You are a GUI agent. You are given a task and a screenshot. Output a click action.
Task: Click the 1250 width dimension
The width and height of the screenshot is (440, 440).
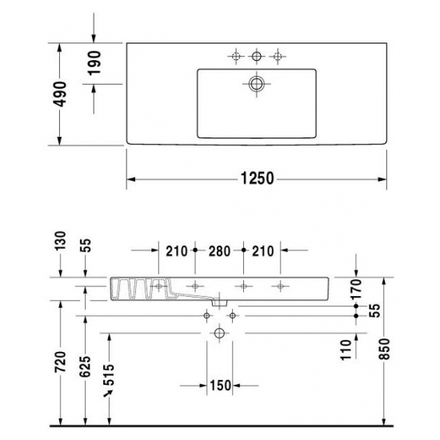point(258,178)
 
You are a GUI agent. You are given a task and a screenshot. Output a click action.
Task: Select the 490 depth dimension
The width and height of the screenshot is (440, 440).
point(60,94)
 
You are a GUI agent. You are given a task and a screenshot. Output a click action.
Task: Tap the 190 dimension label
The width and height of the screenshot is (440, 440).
point(94,63)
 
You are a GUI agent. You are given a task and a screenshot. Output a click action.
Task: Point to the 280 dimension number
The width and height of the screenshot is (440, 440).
point(219,251)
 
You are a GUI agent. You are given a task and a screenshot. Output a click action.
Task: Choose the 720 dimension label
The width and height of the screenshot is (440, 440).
point(60,362)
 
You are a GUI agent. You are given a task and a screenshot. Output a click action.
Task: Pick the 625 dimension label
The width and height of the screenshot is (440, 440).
point(85,366)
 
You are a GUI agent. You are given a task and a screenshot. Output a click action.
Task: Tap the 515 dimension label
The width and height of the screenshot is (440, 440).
point(109,375)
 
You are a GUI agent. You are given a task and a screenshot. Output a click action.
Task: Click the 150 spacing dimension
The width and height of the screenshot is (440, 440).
point(220,386)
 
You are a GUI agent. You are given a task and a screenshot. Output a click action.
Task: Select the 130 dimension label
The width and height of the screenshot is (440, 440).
point(60,241)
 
